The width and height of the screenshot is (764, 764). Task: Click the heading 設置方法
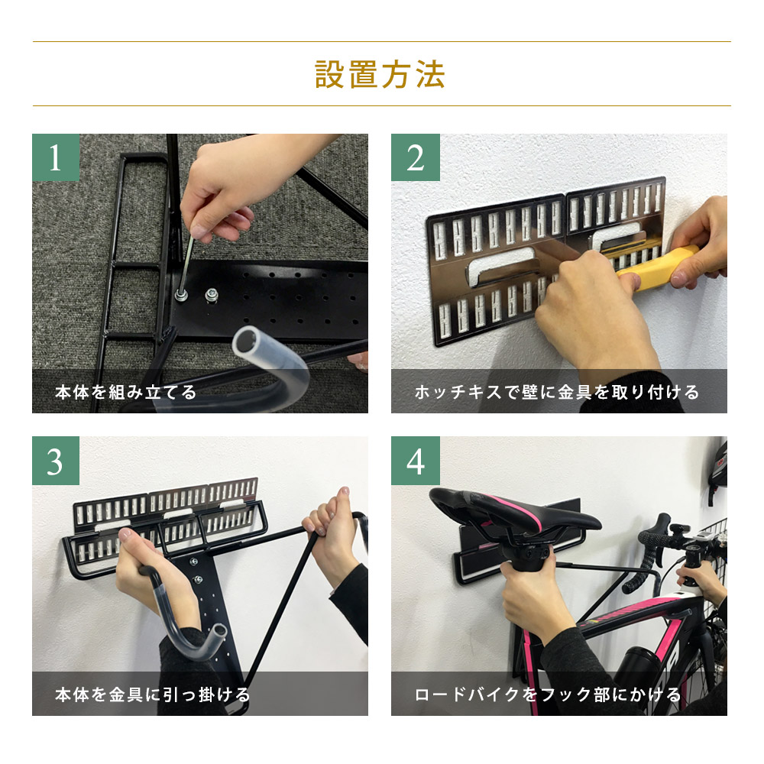380,75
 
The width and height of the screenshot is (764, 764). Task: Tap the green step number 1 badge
55,157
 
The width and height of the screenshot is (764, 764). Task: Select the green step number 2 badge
415,157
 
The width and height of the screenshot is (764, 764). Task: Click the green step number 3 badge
55,461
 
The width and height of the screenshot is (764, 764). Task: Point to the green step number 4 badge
415,461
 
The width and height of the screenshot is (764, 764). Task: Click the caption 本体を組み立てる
126,393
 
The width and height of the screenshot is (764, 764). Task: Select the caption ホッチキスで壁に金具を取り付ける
557,393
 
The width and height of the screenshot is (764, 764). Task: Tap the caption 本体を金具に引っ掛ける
153,695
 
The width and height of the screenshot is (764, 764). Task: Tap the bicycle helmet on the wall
717,468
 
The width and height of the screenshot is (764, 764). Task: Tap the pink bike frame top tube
626,611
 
